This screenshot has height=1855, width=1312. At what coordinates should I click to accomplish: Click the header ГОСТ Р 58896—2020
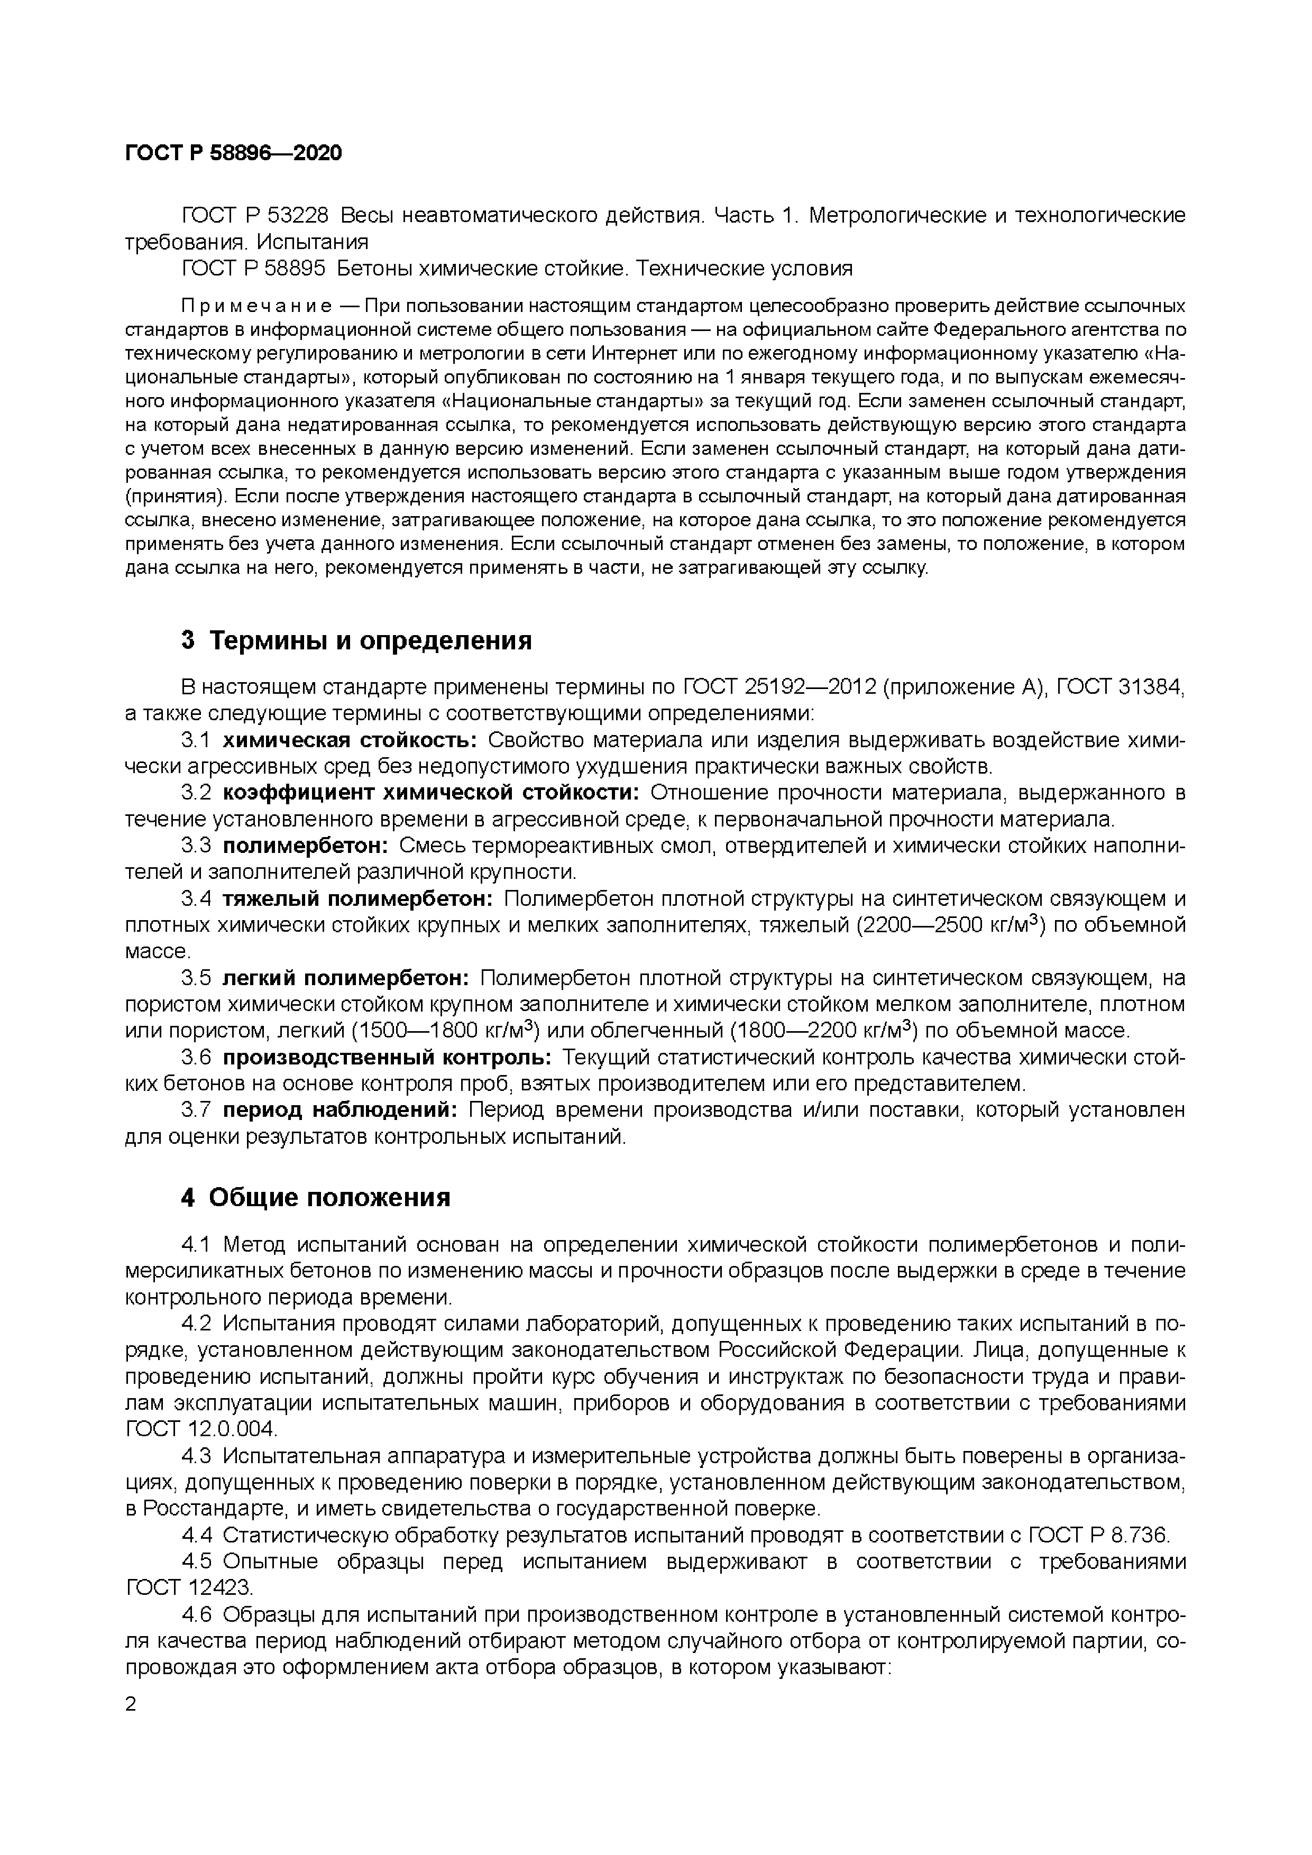point(234,153)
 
